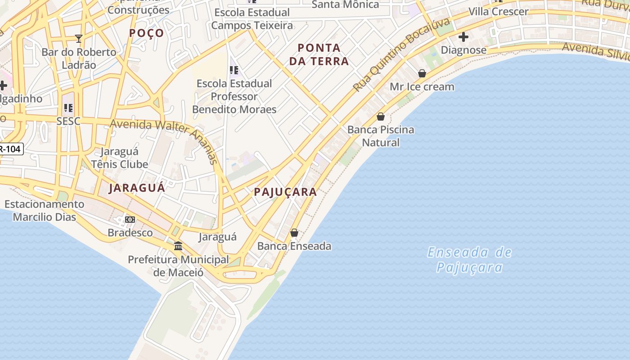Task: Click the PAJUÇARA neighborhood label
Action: click(x=285, y=192)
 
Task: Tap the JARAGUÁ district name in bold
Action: click(x=137, y=188)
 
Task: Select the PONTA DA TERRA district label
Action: click(x=319, y=54)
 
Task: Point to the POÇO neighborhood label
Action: click(x=147, y=33)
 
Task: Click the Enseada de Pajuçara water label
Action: click(x=469, y=260)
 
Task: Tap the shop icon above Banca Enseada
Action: click(x=294, y=233)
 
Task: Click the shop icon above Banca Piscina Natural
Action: click(x=381, y=117)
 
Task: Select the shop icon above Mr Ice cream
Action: click(x=422, y=73)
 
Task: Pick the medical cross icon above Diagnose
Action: click(x=463, y=37)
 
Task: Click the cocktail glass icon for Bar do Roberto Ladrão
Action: click(x=79, y=39)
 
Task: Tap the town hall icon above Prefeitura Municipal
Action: click(x=178, y=246)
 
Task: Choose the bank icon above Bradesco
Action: click(x=130, y=220)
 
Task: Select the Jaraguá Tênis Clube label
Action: click(x=120, y=158)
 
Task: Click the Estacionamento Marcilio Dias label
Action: click(x=44, y=211)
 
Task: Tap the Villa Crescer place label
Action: click(x=498, y=12)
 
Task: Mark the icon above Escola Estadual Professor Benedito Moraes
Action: click(x=234, y=70)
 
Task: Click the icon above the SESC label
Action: click(x=68, y=108)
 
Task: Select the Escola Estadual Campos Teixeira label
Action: click(x=252, y=19)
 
